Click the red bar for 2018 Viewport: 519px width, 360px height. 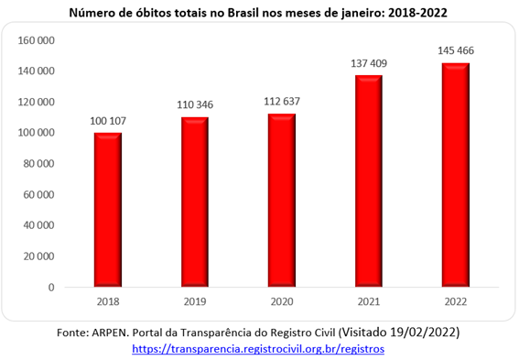click(x=108, y=210)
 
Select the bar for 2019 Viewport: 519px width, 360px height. click(x=195, y=202)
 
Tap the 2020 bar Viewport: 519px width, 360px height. click(x=282, y=201)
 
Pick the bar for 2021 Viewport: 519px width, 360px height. click(x=369, y=181)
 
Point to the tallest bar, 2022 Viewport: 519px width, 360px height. click(x=456, y=175)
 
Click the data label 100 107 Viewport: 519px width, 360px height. click(x=108, y=121)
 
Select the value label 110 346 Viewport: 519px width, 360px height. click(x=195, y=105)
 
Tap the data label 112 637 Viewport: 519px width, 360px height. click(x=282, y=102)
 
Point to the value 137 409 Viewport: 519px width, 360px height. click(x=369, y=63)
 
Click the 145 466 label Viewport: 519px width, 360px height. click(x=456, y=50)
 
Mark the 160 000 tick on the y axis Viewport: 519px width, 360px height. click(x=36, y=40)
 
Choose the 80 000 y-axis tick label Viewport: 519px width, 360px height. click(x=38, y=164)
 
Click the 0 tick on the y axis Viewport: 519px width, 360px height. click(x=51, y=288)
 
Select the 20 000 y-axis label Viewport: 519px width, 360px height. click(x=38, y=256)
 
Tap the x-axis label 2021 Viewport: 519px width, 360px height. click(x=369, y=301)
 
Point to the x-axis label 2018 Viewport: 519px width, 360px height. click(x=108, y=301)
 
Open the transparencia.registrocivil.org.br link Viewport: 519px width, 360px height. click(x=258, y=349)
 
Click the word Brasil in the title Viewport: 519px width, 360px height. click(x=243, y=13)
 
